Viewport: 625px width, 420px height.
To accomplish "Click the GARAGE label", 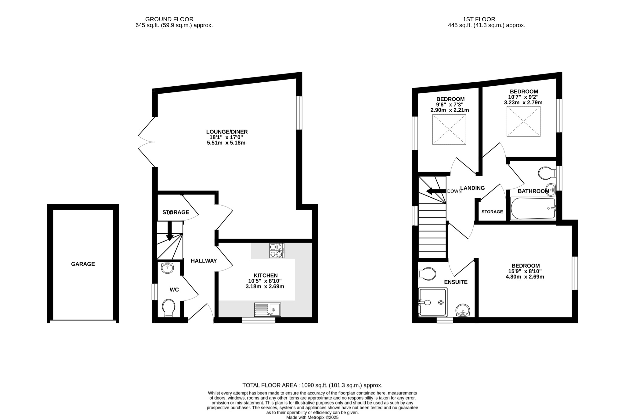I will tap(83, 264).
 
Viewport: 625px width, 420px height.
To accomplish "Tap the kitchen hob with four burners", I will tap(277, 250).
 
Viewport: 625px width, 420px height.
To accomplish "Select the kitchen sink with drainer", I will tap(267, 309).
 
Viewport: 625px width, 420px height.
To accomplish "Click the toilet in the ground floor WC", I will tap(168, 308).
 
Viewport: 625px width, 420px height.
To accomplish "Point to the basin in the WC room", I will tap(167, 268).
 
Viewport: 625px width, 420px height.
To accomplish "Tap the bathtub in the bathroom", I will tap(533, 209).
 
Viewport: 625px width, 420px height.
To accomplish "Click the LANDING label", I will tap(472, 188).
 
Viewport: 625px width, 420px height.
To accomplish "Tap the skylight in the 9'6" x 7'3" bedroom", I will tap(449, 129).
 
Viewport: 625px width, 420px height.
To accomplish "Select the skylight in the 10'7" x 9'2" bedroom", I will tap(523, 121).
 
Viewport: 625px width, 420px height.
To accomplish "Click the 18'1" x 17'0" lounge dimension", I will tap(226, 137).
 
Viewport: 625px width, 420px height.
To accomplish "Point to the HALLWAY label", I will tap(204, 261).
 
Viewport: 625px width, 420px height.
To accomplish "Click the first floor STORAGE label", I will tap(492, 212).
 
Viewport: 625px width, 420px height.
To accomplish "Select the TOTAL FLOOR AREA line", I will tap(312, 385).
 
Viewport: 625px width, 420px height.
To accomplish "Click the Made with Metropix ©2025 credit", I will tap(312, 418).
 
